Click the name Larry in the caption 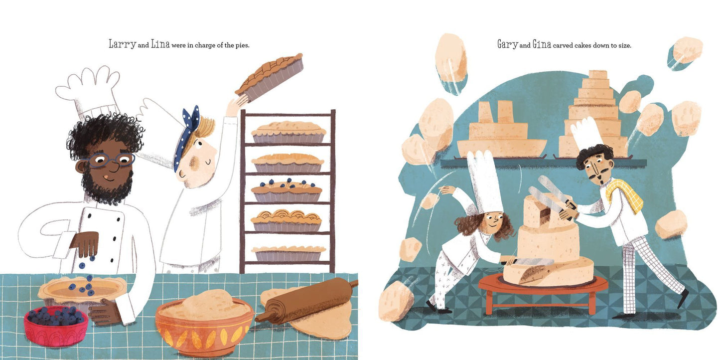[x=123, y=44]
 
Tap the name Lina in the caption [x=160, y=44]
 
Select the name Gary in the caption [x=507, y=44]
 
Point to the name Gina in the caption [x=542, y=44]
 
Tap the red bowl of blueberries [x=56, y=325]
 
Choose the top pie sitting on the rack [x=288, y=132]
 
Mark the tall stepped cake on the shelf [x=593, y=114]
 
